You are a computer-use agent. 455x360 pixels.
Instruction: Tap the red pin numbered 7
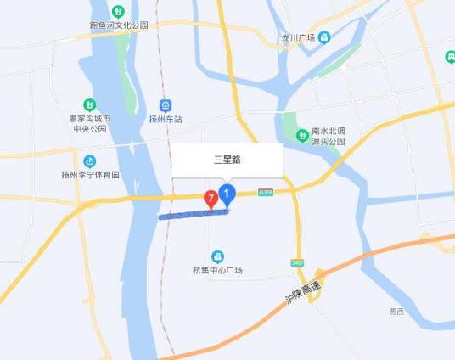click(210, 199)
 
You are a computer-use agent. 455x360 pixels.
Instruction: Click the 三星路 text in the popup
click(227, 159)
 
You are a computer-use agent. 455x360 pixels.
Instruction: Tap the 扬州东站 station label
click(166, 119)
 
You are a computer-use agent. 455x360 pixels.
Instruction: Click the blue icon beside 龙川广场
click(324, 37)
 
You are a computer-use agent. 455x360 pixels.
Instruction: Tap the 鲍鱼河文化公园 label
click(119, 25)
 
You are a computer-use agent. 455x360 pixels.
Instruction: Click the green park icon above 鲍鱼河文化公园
click(119, 12)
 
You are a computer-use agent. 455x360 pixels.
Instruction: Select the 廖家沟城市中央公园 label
click(88, 124)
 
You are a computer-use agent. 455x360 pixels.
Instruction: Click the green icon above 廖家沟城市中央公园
click(89, 104)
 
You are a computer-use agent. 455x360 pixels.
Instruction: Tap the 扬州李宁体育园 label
click(90, 175)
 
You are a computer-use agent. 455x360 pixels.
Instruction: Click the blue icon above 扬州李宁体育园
click(90, 160)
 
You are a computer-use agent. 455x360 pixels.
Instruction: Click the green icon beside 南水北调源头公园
click(301, 135)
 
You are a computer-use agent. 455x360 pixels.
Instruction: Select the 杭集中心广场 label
click(217, 270)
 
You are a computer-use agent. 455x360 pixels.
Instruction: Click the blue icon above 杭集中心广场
click(217, 256)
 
